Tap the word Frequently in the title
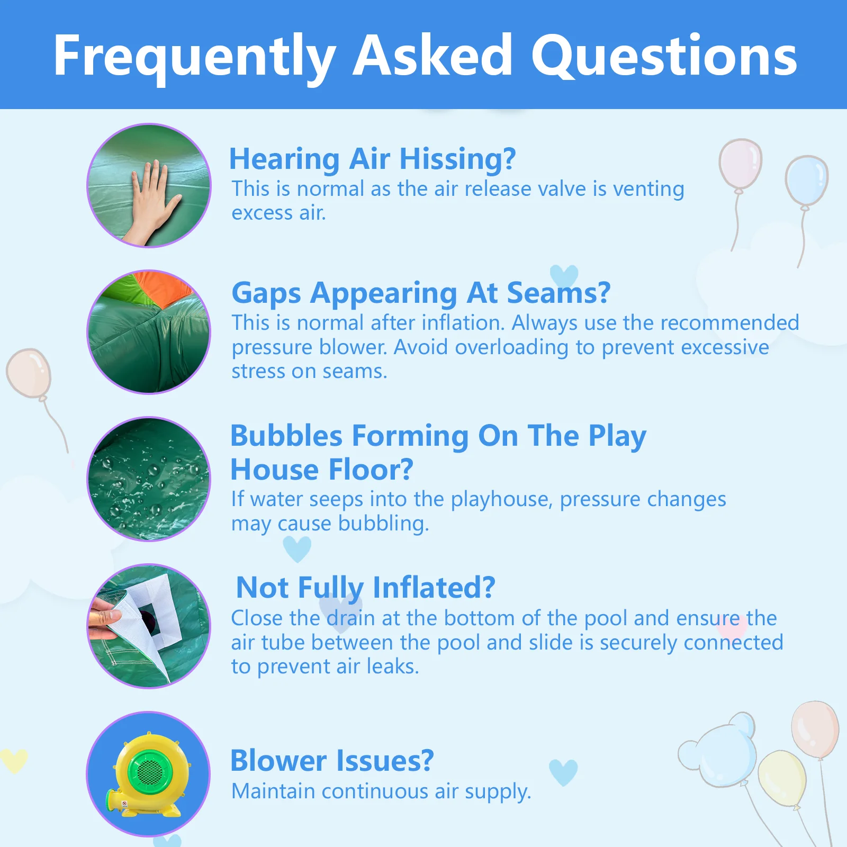(195, 58)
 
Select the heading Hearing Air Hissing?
(372, 159)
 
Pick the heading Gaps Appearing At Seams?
(421, 294)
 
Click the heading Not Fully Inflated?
(366, 588)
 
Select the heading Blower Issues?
(332, 761)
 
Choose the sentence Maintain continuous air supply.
(381, 792)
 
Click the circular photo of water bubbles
(149, 479)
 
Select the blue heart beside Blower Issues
(563, 772)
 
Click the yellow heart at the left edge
(13, 760)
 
